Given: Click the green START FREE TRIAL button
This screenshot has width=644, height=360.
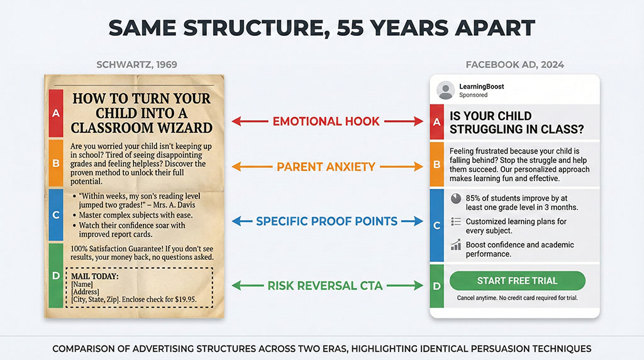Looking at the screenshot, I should pos(517,281).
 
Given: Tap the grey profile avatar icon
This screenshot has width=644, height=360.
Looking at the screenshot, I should pos(445,90).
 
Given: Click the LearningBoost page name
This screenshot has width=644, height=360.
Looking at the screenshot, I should pos(482,86).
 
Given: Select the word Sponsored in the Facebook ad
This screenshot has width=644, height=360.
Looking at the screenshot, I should pos(474,96).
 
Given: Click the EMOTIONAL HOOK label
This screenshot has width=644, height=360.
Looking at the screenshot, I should pos(326,121).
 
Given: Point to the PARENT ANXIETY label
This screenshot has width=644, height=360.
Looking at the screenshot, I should pos(326,167).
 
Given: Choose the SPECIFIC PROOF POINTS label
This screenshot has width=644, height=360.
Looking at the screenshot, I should pos(326,222).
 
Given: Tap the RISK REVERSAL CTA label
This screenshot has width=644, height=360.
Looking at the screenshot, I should pos(325,286).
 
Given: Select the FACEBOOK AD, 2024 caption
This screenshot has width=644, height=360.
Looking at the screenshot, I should pos(514,65).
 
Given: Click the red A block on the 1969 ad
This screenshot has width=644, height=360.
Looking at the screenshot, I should pos(56,113).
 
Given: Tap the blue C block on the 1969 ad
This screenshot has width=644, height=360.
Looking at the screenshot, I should pos(56,215).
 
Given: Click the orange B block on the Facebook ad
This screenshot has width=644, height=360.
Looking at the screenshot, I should pos(436,165).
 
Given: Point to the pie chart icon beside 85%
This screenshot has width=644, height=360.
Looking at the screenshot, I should pos(456,198).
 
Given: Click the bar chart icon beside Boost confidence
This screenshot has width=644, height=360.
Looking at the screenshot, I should pos(456,245).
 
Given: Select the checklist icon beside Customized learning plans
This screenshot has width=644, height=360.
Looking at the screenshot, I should pos(456,222).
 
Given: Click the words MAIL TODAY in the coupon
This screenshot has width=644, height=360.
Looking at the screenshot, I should pos(96,276).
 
